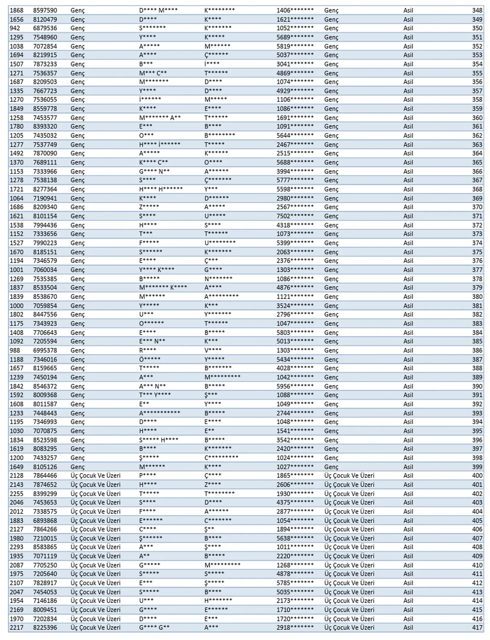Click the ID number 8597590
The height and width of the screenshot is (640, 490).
[x=45, y=10]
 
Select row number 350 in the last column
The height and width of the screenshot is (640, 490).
[x=477, y=28]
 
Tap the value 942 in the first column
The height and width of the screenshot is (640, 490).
[x=15, y=28]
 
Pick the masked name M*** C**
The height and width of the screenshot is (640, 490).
[x=153, y=73]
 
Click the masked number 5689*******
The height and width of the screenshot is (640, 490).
[x=295, y=37]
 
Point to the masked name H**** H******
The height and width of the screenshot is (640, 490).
[x=161, y=189]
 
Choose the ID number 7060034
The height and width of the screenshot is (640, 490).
[x=45, y=270]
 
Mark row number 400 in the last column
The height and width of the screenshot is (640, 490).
[x=477, y=475]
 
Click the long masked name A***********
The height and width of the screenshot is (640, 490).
[x=159, y=413]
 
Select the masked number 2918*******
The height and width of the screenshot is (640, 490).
[x=295, y=627]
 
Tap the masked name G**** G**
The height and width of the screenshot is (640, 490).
[x=154, y=627]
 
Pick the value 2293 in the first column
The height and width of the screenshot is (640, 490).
[x=16, y=547]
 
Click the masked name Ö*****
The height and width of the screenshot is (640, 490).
[x=150, y=359]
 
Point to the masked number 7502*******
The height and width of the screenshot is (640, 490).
[x=295, y=216]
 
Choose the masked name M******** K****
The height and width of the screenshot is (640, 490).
[x=163, y=287]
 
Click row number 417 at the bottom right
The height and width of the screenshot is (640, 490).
[x=477, y=627]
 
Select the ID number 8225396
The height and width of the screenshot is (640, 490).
[x=45, y=627]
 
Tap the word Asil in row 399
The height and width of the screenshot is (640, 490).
[x=408, y=467]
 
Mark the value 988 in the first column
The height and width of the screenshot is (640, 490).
[x=15, y=350]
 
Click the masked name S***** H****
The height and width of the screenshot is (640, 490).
[x=158, y=440]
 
